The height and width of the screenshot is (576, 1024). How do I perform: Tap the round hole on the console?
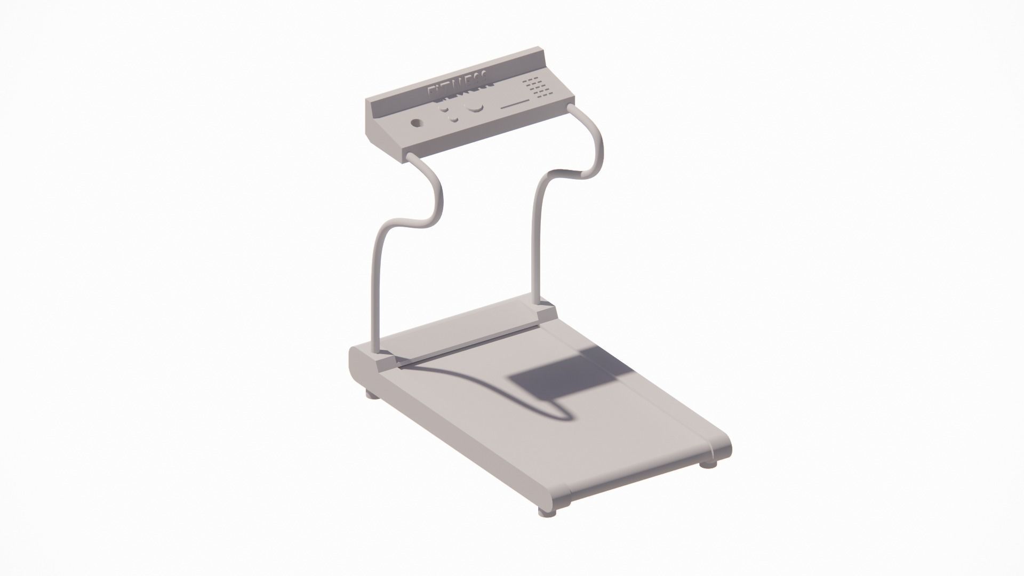click(x=415, y=123)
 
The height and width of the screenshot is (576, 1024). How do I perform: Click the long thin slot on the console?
click(x=514, y=104)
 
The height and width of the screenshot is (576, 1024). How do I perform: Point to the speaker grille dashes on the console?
click(x=535, y=88)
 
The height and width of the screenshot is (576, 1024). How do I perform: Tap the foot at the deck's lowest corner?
click(x=547, y=511)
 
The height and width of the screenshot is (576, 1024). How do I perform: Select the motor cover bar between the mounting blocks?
click(x=464, y=336)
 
